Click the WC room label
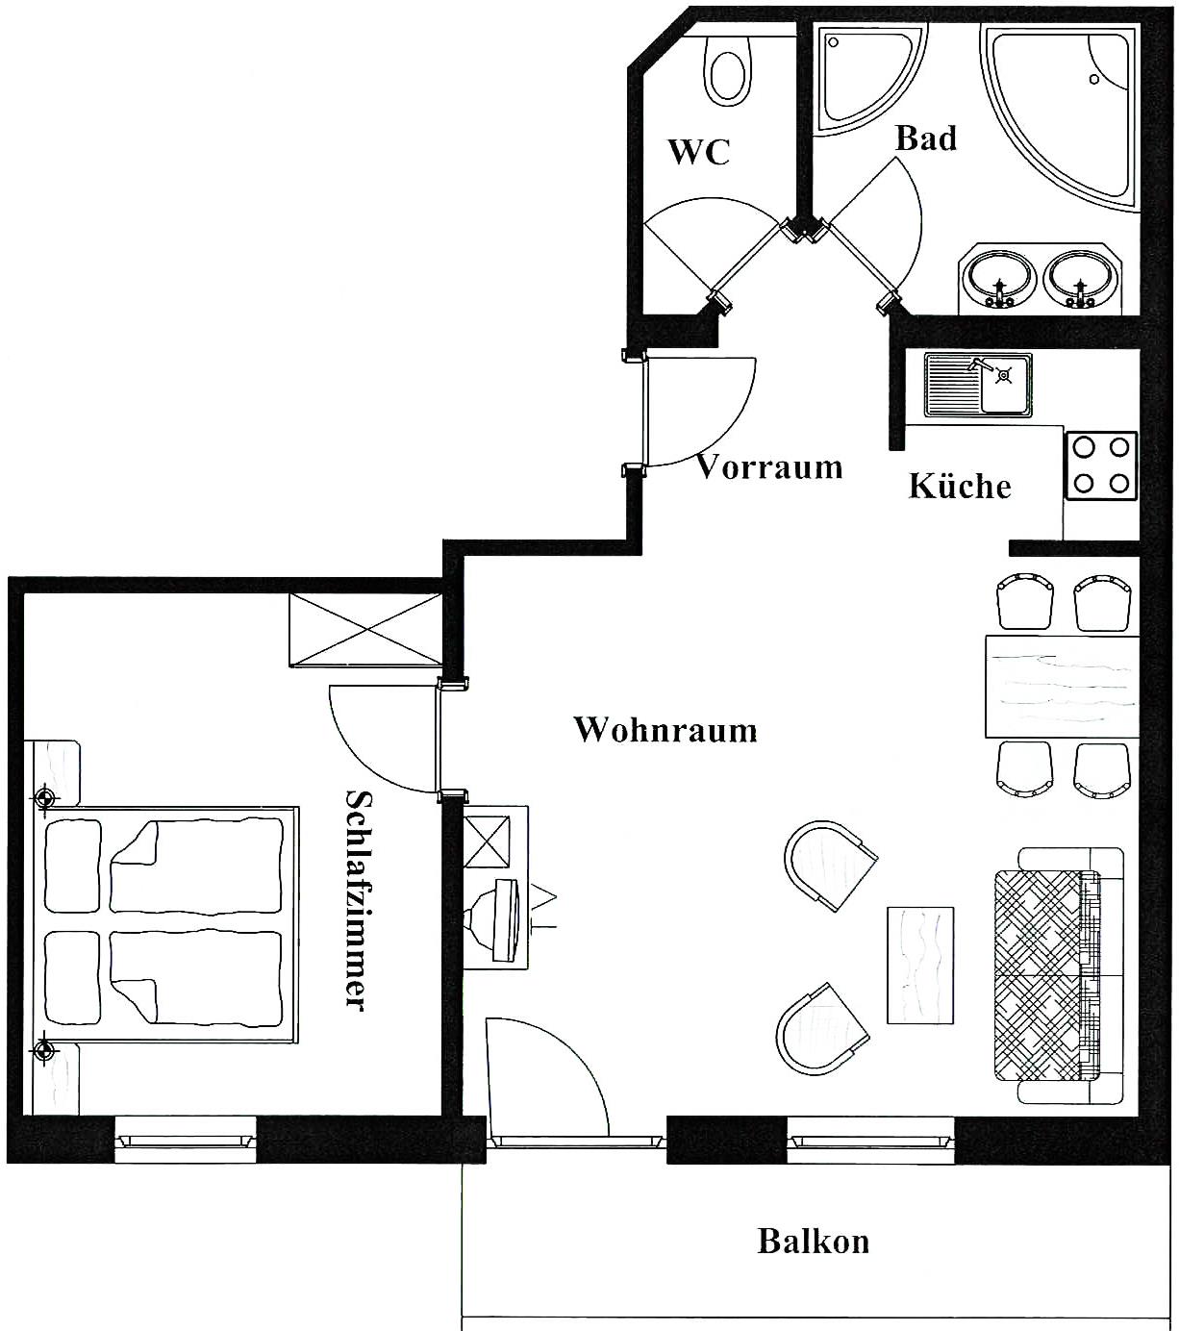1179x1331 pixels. pos(699,152)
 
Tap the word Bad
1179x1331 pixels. pos(925,138)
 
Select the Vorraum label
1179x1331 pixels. pos(769,466)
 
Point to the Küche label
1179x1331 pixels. pos(960,486)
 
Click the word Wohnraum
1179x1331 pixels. pos(666,729)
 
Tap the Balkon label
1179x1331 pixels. pos(814,1241)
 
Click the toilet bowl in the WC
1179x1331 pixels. pos(727,71)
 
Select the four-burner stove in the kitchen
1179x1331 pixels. pos(1101,465)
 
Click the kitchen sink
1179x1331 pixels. pos(978,385)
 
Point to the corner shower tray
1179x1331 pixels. pos(870,79)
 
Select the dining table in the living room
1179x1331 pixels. pos(1062,687)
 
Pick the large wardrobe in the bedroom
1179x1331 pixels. pos(365,630)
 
